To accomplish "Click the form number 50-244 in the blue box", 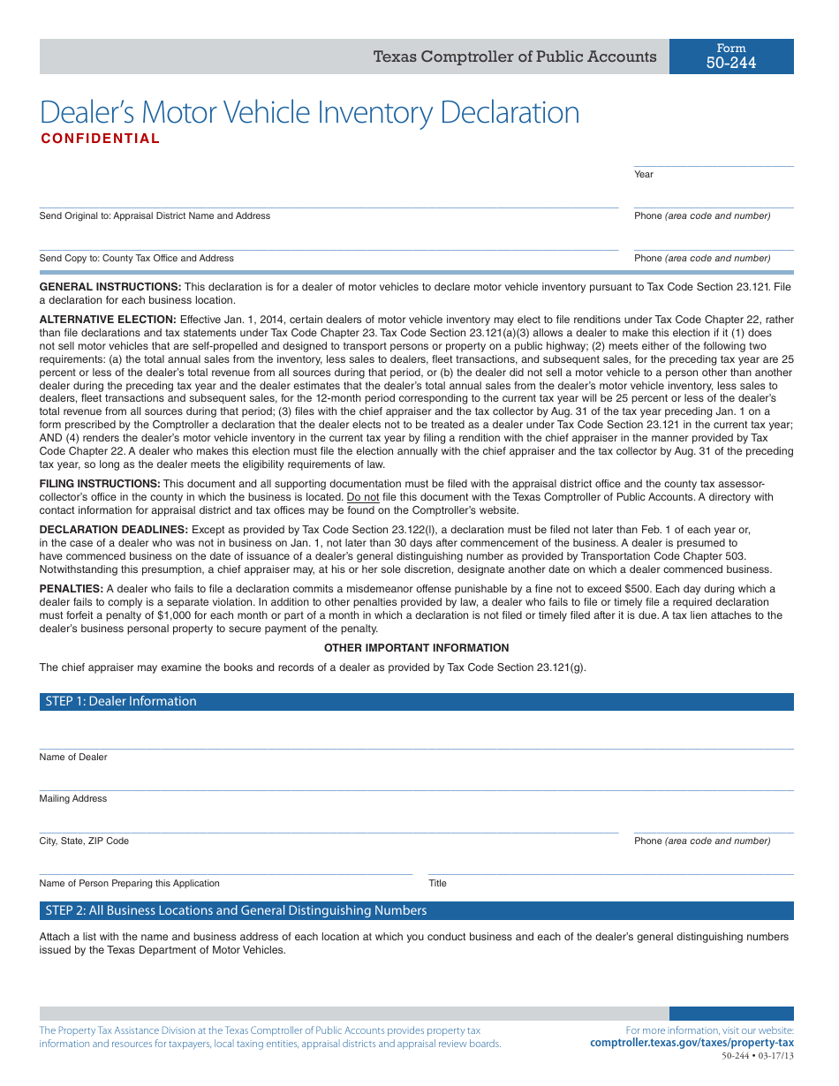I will tap(731, 63).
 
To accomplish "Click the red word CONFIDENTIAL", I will tap(101, 139).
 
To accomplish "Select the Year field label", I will tap(644, 175).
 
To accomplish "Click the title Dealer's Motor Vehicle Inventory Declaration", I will tap(310, 113).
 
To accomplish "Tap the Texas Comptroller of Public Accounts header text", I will tap(515, 57).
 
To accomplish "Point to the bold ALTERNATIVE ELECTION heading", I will tap(108, 320).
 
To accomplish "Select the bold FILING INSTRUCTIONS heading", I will tap(100, 484).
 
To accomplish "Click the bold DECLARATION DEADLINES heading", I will tap(113, 530).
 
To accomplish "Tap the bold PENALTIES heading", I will tap(71, 589).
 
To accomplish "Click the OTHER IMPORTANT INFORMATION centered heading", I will tap(417, 648).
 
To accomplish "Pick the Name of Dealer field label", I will tap(73, 758).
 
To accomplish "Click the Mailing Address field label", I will tap(73, 799).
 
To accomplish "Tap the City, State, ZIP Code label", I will tap(84, 841).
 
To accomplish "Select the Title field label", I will tap(438, 884).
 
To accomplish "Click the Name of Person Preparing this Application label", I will tap(129, 884).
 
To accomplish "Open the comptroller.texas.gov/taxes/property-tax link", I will tap(692, 1044).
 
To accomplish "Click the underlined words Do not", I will tap(363, 497).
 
